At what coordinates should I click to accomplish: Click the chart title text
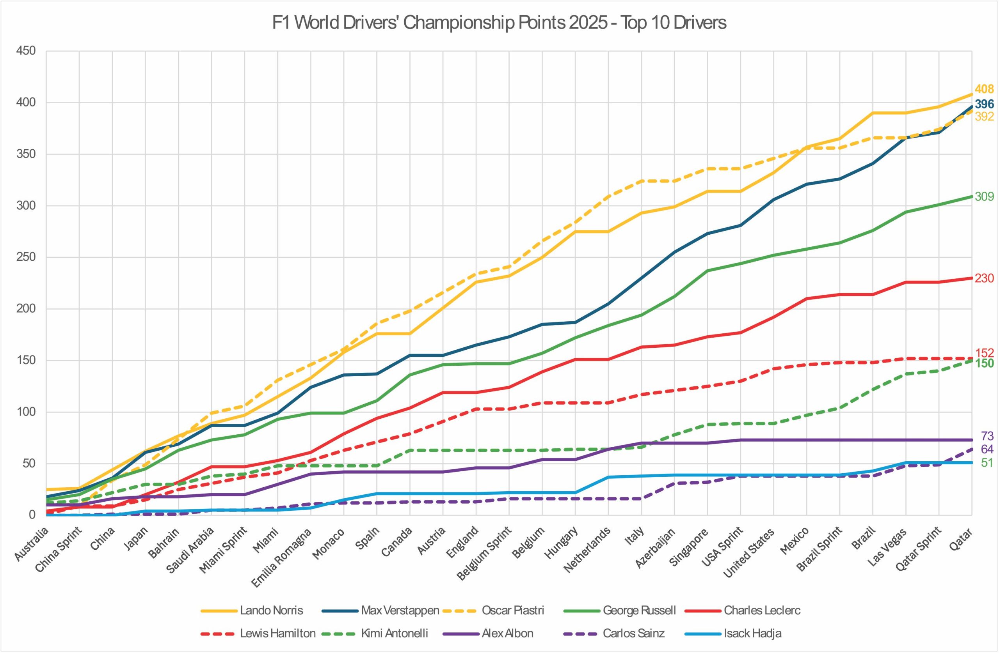tap(499, 23)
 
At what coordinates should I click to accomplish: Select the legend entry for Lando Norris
tap(271, 610)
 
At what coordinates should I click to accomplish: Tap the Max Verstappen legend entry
tap(400, 610)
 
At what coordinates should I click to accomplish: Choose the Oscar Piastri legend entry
tap(512, 610)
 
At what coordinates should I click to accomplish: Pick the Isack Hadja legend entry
tap(752, 633)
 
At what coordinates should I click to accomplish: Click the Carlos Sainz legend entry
tap(633, 633)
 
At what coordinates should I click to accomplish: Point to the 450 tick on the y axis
tap(26, 51)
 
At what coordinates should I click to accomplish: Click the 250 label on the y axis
tap(26, 258)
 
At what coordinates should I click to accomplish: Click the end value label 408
tap(984, 89)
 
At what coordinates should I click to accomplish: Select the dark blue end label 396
tap(984, 104)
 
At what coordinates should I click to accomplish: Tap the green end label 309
tap(984, 196)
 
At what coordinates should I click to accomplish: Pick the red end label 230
tap(984, 278)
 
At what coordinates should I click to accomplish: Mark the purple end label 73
tap(987, 436)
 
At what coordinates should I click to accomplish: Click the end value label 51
tap(987, 463)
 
